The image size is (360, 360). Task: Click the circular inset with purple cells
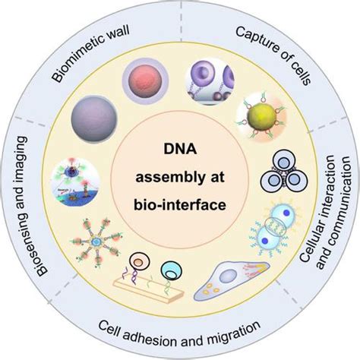click(210, 82)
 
